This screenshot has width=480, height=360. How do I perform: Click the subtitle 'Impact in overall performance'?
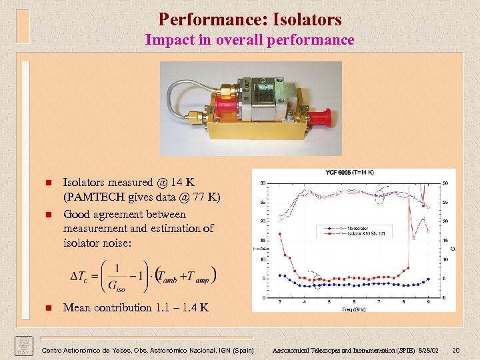(x=250, y=40)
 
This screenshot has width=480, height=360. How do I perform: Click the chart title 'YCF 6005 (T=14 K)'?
(x=349, y=172)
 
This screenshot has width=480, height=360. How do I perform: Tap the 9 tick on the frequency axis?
(x=429, y=303)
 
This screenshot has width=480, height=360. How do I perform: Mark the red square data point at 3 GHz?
(x=279, y=234)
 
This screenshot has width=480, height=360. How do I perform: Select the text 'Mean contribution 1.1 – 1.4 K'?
(x=135, y=307)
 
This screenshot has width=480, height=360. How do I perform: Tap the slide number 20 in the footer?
(x=455, y=351)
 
